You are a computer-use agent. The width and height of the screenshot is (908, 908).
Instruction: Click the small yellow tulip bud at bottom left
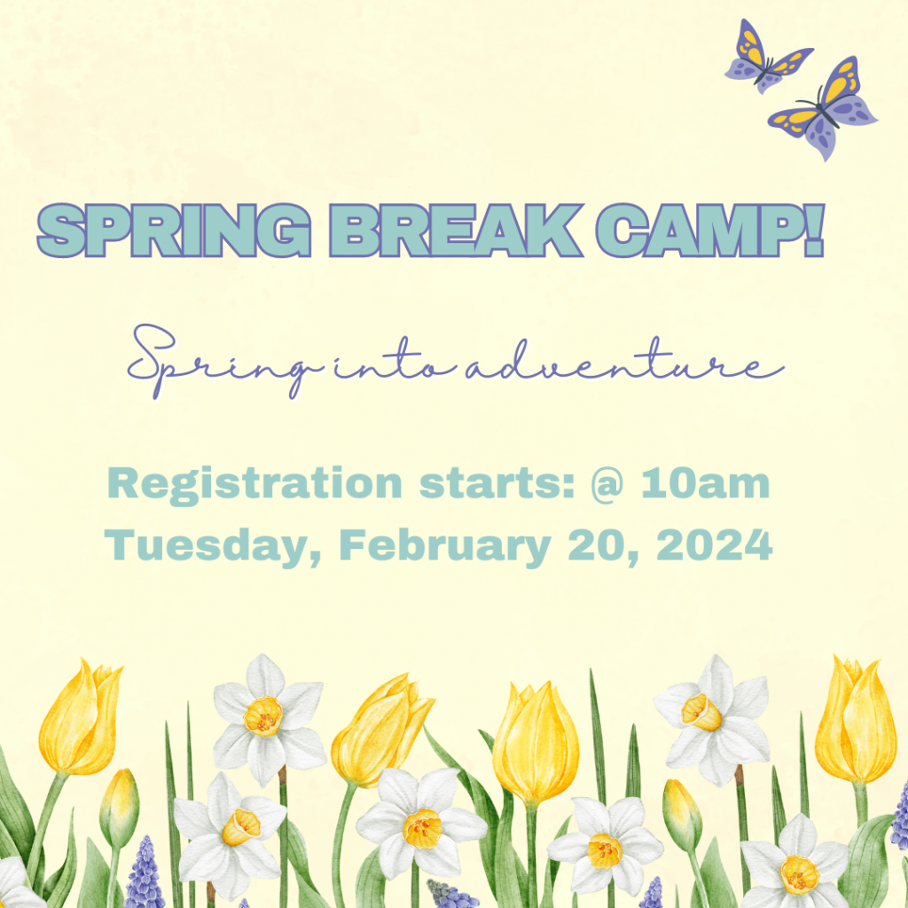(120, 807)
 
